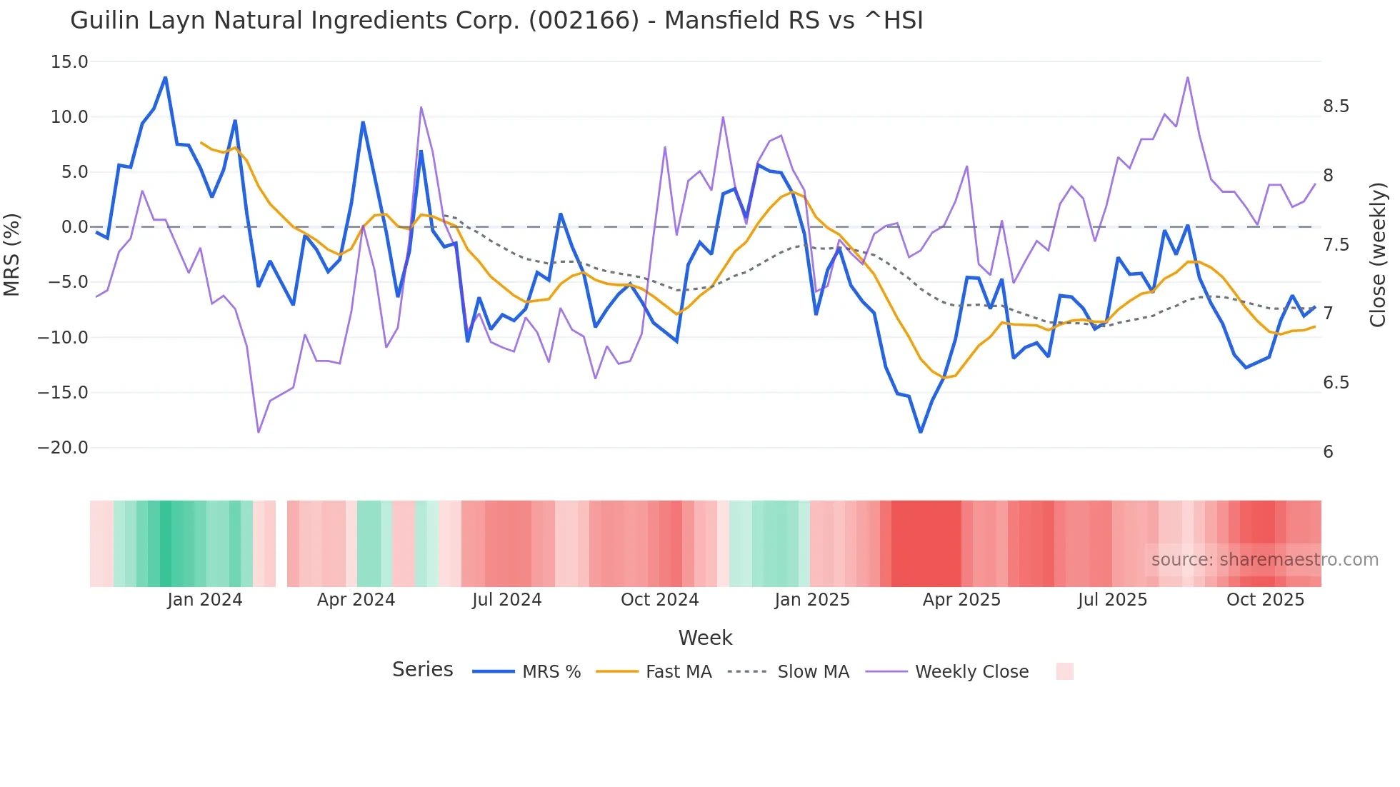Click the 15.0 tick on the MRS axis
pos(69,62)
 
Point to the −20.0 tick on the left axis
pos(63,448)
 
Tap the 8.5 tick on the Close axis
pos(1336,106)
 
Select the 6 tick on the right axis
pos(1328,452)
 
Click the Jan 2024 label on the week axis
pos(205,600)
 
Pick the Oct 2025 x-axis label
pos(1265,600)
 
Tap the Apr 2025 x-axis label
pos(961,600)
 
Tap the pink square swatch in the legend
pos(1064,671)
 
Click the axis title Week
pos(705,638)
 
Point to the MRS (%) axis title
pos(12,254)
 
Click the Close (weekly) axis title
pos(1378,254)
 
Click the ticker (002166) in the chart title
pos(584,21)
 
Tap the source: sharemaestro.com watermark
pos(1264,560)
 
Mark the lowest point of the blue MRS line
pos(921,431)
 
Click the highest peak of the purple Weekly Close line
pos(1188,77)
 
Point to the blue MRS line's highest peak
pos(165,77)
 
